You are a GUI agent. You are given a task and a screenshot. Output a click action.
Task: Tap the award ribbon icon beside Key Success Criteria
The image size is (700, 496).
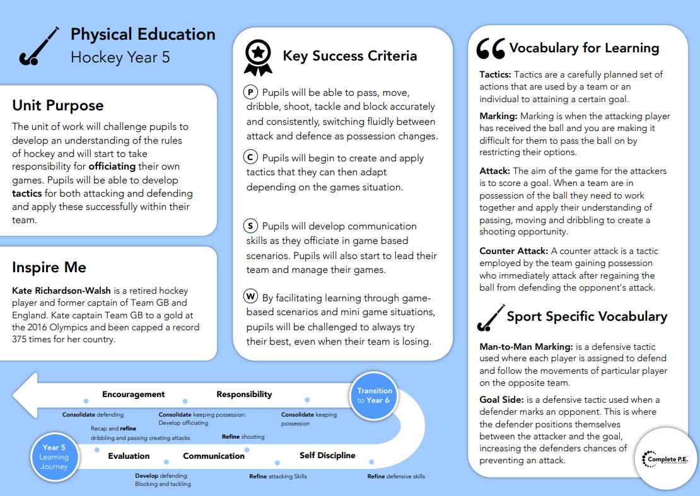258,57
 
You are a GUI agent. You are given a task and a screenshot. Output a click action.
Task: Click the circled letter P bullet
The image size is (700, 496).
251,92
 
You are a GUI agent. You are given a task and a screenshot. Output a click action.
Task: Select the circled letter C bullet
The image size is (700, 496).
251,158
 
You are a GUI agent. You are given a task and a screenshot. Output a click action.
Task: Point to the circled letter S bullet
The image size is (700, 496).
251,226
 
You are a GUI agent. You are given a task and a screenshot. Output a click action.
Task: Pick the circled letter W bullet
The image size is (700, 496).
251,296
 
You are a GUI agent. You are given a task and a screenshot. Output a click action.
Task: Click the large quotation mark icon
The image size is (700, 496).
491,49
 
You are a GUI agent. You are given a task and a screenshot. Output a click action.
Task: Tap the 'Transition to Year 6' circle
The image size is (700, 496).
374,395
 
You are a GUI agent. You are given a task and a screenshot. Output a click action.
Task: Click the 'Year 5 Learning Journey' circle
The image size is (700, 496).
54,458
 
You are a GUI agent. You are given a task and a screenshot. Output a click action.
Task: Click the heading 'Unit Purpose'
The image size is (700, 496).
58,105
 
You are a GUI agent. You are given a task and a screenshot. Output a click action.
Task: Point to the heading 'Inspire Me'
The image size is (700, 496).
49,267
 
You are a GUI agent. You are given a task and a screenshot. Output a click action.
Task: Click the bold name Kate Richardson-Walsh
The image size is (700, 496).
61,291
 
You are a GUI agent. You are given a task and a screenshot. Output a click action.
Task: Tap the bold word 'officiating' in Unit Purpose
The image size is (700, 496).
112,166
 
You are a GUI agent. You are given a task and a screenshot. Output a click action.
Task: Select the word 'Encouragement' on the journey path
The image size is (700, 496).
133,395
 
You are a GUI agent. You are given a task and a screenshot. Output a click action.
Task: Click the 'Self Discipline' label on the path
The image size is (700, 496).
327,455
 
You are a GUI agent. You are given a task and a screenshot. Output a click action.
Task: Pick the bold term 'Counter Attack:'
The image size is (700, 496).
513,250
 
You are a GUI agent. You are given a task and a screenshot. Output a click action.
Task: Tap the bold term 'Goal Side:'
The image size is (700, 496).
502,400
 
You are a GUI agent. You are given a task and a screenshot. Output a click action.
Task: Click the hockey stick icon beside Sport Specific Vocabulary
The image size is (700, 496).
492,318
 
